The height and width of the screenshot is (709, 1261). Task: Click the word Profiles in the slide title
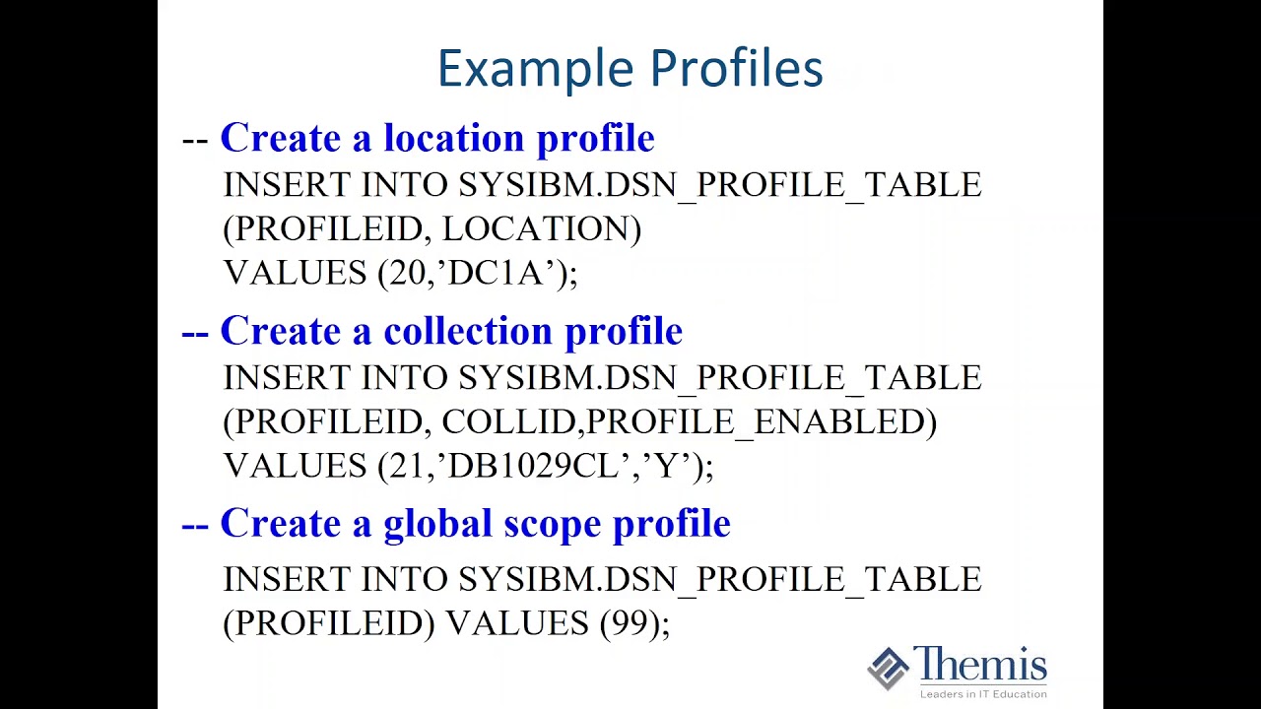(736, 70)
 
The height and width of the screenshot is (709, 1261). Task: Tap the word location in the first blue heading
(454, 139)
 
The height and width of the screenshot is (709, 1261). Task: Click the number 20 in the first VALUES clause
(407, 273)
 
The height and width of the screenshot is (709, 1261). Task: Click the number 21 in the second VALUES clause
(406, 466)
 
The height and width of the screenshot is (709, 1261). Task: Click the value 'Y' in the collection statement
(671, 466)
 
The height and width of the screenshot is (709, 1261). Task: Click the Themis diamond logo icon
(888, 669)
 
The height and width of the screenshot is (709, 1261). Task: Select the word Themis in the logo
(979, 665)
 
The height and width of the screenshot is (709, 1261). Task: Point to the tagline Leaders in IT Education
(982, 694)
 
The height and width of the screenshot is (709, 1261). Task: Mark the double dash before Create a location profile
(195, 140)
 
